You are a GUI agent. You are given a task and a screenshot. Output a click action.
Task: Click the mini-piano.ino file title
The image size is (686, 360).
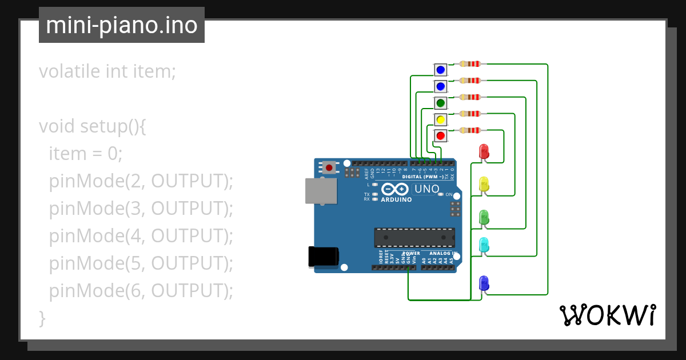pyautogui.click(x=121, y=25)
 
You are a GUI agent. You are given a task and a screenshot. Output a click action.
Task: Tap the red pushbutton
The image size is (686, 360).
pyautogui.click(x=440, y=136)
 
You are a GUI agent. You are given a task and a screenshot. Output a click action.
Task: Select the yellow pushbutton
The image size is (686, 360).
pyautogui.click(x=440, y=119)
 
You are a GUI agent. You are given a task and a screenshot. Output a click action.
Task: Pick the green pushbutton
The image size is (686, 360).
pyautogui.click(x=440, y=103)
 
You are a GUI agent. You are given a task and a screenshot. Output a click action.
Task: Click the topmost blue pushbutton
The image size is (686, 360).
pyautogui.click(x=440, y=70)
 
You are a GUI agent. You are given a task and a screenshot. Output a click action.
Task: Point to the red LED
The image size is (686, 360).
pyautogui.click(x=484, y=151)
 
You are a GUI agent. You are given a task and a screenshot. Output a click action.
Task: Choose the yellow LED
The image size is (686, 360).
pyautogui.click(x=484, y=184)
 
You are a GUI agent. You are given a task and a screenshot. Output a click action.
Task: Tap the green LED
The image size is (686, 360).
pyautogui.click(x=484, y=217)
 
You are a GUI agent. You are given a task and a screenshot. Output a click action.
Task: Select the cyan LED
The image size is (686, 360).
pyautogui.click(x=484, y=245)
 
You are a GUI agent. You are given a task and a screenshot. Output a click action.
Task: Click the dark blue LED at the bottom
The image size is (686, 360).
pyautogui.click(x=484, y=283)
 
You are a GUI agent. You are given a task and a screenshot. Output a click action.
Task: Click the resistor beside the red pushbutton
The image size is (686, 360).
pyautogui.click(x=470, y=130)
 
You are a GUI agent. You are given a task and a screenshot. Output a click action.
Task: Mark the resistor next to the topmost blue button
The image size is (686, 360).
pyautogui.click(x=470, y=64)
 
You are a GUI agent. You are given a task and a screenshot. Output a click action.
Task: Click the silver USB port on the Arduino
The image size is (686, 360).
pyautogui.click(x=321, y=191)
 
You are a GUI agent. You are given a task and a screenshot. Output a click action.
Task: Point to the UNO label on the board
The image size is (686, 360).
pyautogui.click(x=426, y=189)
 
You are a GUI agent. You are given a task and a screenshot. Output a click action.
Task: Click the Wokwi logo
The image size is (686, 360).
pyautogui.click(x=607, y=315)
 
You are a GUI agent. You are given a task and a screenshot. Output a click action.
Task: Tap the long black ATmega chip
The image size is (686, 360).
pyautogui.click(x=414, y=238)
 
